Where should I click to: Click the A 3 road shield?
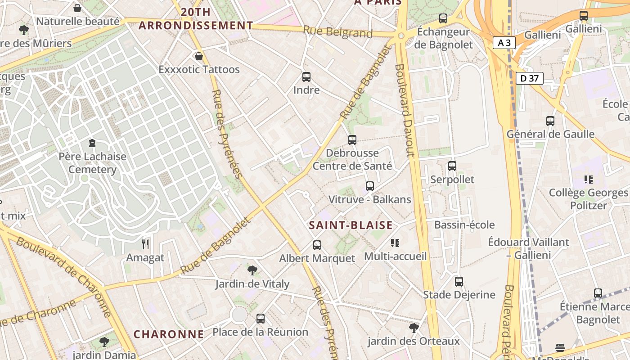click(x=504, y=43)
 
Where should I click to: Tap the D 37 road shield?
click(x=529, y=78)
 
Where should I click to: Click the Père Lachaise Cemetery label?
click(x=92, y=163)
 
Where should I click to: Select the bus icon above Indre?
click(x=306, y=77)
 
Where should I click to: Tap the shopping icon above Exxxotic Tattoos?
click(x=198, y=56)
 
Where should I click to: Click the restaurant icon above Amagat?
click(x=145, y=244)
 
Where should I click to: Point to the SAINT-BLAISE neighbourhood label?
click(x=351, y=225)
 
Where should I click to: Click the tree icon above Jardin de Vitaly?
click(x=252, y=270)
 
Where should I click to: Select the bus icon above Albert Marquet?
click(x=317, y=245)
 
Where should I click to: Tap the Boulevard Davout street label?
click(x=404, y=110)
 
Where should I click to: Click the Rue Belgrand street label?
click(x=337, y=32)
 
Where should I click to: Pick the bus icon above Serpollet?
click(x=452, y=166)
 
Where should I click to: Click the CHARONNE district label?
click(x=169, y=334)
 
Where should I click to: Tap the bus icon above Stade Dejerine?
click(x=459, y=282)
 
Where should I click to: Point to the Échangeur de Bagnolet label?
click(x=443, y=38)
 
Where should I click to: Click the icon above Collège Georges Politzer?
click(x=588, y=180)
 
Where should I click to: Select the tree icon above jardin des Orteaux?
click(x=414, y=328)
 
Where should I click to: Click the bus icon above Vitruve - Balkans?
click(x=370, y=186)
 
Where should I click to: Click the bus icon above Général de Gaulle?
click(x=550, y=121)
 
